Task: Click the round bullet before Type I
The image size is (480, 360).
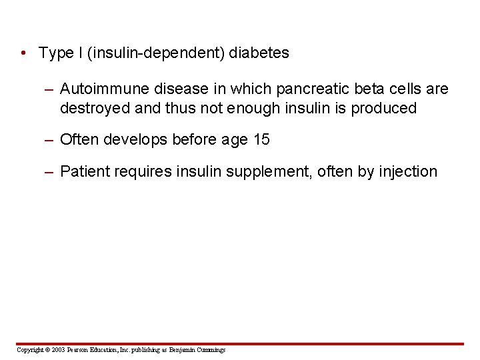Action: click(x=23, y=53)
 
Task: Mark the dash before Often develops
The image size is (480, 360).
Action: click(x=49, y=139)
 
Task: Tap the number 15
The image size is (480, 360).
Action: click(x=262, y=139)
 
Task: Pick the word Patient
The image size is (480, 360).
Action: click(x=83, y=172)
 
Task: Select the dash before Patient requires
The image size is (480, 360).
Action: click(x=49, y=172)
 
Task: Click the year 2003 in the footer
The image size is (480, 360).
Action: click(x=59, y=350)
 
